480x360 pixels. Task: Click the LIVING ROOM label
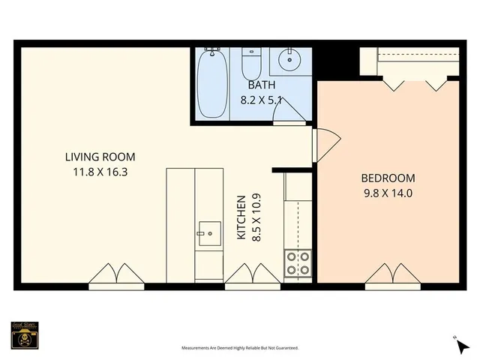(x=99, y=157)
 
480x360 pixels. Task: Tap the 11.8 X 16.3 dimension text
(x=99, y=171)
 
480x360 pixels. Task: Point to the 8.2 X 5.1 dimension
(x=258, y=98)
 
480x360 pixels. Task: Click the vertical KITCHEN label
(x=241, y=217)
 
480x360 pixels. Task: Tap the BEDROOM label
(x=388, y=178)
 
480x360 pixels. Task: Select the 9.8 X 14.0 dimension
(x=388, y=192)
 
